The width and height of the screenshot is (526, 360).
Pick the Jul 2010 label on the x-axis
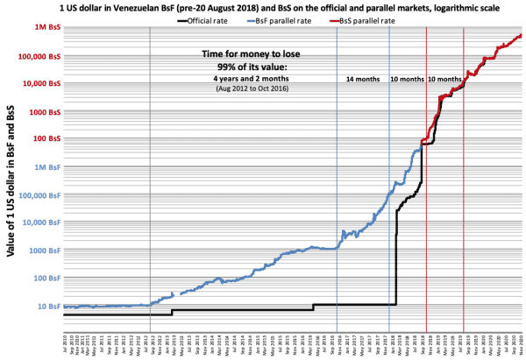point(65,342)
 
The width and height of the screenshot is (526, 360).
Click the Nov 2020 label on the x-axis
point(522,342)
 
